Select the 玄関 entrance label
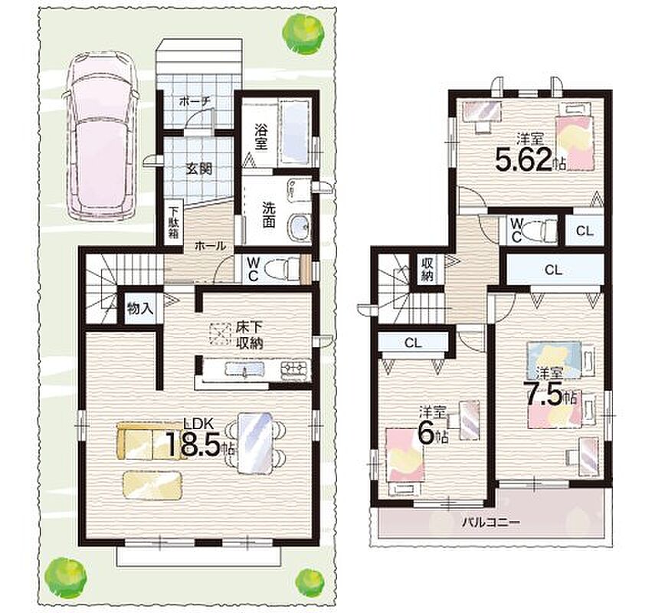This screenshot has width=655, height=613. click(199, 169)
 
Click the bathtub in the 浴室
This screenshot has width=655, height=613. click(294, 131)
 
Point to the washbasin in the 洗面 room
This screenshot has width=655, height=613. click(299, 227)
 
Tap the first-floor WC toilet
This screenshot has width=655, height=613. click(283, 269)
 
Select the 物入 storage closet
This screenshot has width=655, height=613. click(140, 308)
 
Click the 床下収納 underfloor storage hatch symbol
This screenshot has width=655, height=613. click(220, 333)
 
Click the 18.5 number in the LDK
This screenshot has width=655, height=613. click(193, 444)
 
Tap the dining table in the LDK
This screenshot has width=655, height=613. click(254, 443)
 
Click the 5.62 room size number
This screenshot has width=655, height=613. click(524, 159)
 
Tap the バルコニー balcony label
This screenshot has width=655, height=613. click(490, 523)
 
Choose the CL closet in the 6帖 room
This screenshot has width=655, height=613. click(413, 343)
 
